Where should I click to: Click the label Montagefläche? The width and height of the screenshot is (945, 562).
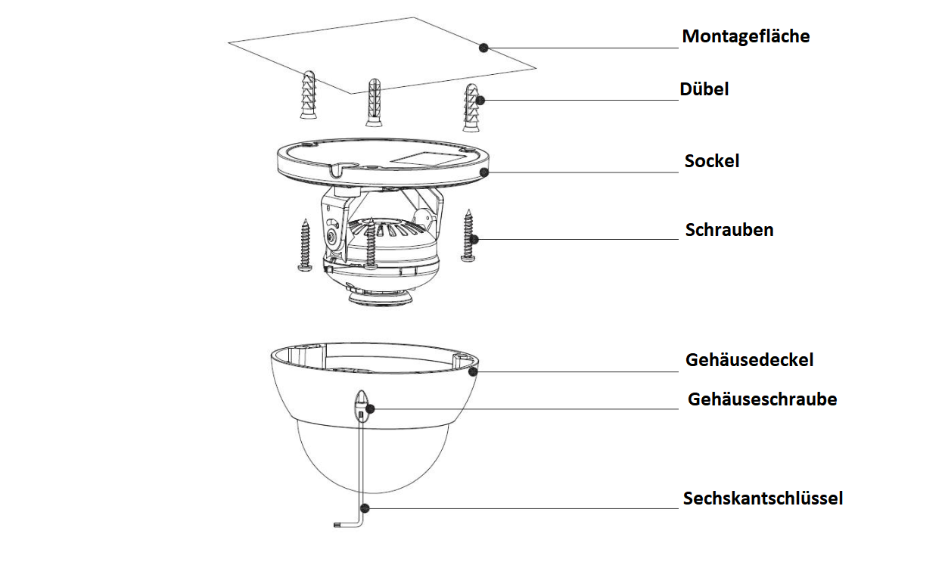click(745, 36)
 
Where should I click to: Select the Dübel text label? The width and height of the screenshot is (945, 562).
click(704, 89)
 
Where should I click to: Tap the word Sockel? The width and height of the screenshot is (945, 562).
click(712, 161)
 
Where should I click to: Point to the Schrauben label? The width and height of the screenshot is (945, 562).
click(729, 230)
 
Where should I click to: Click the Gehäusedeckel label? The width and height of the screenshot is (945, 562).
click(749, 360)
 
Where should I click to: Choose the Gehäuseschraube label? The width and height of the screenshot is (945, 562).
click(762, 399)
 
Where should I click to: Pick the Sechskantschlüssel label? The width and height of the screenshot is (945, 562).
click(763, 498)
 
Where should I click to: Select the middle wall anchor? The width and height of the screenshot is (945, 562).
click(374, 102)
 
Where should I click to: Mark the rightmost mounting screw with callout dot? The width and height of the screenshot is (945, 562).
click(468, 235)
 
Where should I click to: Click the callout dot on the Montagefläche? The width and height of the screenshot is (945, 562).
click(483, 47)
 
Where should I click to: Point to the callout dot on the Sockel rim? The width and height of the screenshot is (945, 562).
click(483, 172)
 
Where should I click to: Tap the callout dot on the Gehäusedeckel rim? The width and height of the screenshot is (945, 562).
click(473, 371)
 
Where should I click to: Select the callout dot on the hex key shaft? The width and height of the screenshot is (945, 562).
click(365, 508)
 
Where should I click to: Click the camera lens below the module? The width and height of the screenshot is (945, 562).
click(380, 298)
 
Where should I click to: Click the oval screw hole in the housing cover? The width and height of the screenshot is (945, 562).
click(362, 402)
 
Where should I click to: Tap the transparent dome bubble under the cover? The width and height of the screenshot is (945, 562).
click(371, 461)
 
